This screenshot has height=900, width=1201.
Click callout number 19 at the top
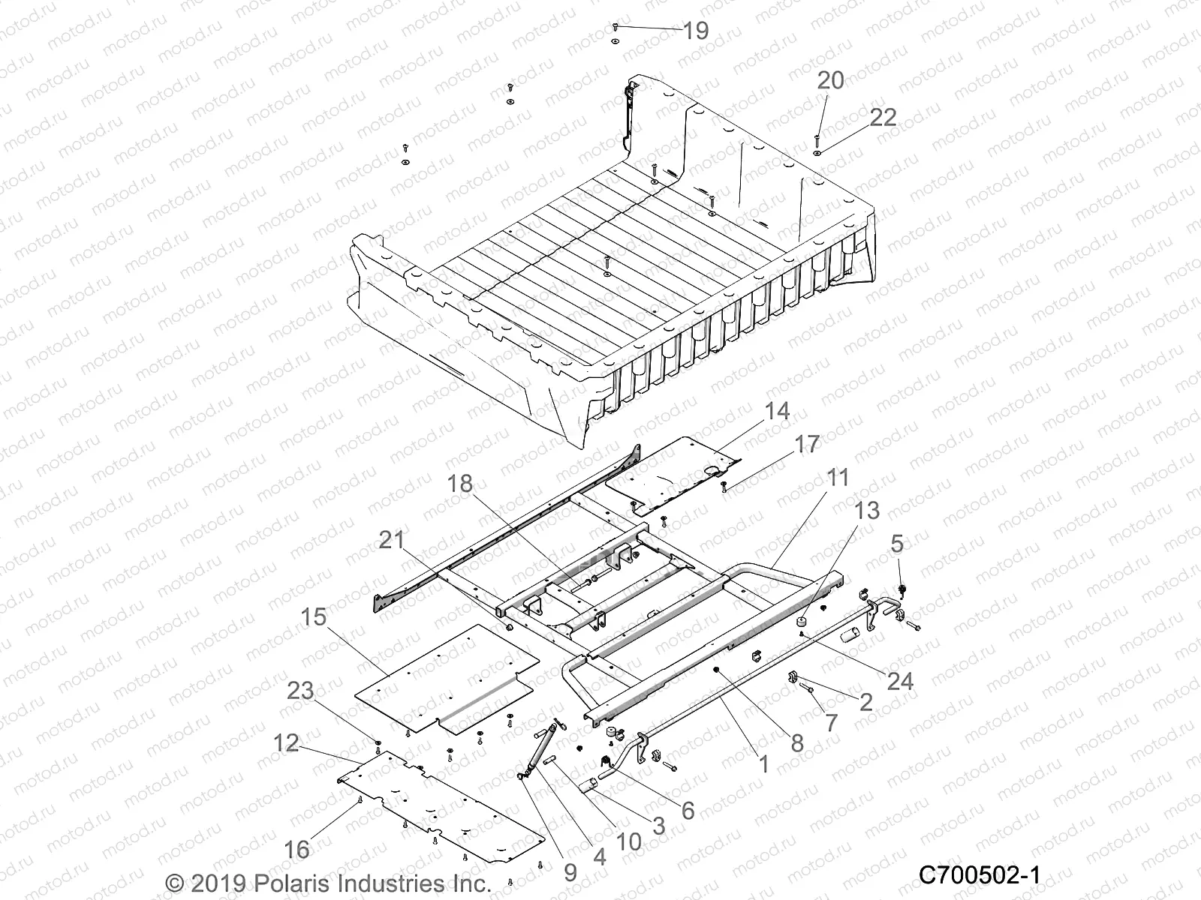click(696, 31)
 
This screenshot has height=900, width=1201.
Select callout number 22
click(883, 118)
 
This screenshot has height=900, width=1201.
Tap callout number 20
click(830, 80)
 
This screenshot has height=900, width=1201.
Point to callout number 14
click(777, 412)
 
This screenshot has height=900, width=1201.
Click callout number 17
click(808, 444)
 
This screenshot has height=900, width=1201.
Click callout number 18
click(461, 484)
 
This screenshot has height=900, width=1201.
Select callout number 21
click(392, 539)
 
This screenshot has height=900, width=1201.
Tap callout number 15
click(315, 617)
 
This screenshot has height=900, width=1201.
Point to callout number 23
click(301, 690)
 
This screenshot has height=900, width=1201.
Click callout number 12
click(286, 743)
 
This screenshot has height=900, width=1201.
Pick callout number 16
click(297, 849)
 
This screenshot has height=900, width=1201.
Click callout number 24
click(900, 681)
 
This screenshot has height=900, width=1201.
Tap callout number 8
click(796, 742)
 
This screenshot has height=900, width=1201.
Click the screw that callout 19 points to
click(615, 26)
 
